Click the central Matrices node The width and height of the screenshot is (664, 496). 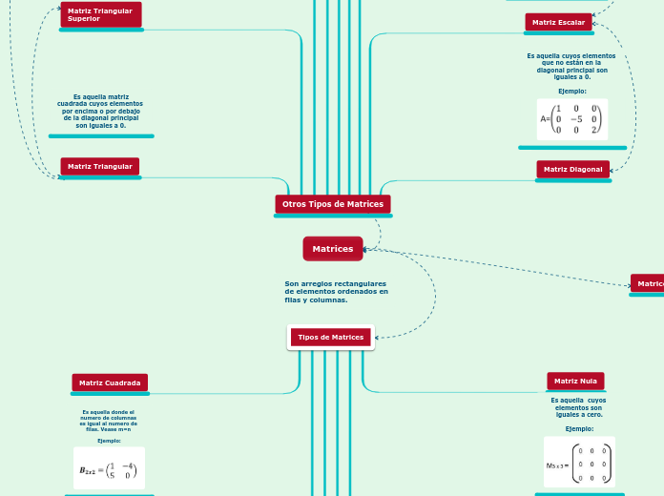tap(333, 249)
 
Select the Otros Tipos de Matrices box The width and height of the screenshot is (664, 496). tap(333, 204)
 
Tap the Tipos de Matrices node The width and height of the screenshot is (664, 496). tap(331, 337)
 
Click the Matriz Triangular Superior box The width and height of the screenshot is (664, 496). tap(100, 14)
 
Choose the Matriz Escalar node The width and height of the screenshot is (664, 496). tap(558, 22)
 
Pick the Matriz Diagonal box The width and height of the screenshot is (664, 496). tap(572, 169)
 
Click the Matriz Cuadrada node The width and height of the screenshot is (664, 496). tap(110, 382)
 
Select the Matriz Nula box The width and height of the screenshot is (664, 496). tap(575, 381)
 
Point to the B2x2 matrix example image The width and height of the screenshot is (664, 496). tap(109, 468)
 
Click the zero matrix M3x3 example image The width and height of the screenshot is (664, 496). tap(579, 463)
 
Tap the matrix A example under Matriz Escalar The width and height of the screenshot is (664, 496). tap(572, 119)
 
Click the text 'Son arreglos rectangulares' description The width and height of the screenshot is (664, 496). tap(336, 292)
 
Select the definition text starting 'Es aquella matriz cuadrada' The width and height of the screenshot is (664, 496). tap(101, 111)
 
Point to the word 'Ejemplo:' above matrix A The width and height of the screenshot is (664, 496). tap(572, 91)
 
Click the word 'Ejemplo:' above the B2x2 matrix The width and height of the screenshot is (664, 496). tap(109, 441)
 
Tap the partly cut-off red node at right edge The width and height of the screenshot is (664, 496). tap(648, 283)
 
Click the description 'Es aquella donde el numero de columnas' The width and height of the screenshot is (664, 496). tap(109, 421)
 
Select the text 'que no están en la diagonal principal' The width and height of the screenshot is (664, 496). tap(572, 66)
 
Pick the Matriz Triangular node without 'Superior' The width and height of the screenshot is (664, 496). tap(100, 166)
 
